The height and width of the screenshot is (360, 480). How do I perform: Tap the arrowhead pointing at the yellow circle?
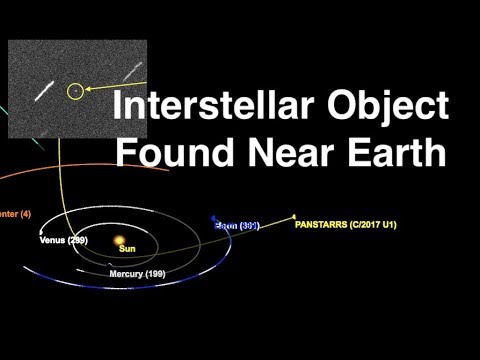pos(88,89)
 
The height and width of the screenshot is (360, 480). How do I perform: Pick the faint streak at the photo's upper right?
pos(132,72)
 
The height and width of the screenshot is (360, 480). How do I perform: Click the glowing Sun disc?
pos(119,240)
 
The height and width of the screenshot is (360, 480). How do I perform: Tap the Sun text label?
pos(127,249)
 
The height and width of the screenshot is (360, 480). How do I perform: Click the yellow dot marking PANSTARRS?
pos(294,216)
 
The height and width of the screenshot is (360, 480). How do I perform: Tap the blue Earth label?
pos(238,226)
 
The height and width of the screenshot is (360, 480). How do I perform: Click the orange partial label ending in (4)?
pos(16,213)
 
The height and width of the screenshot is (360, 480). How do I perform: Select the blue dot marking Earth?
pos(214,219)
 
